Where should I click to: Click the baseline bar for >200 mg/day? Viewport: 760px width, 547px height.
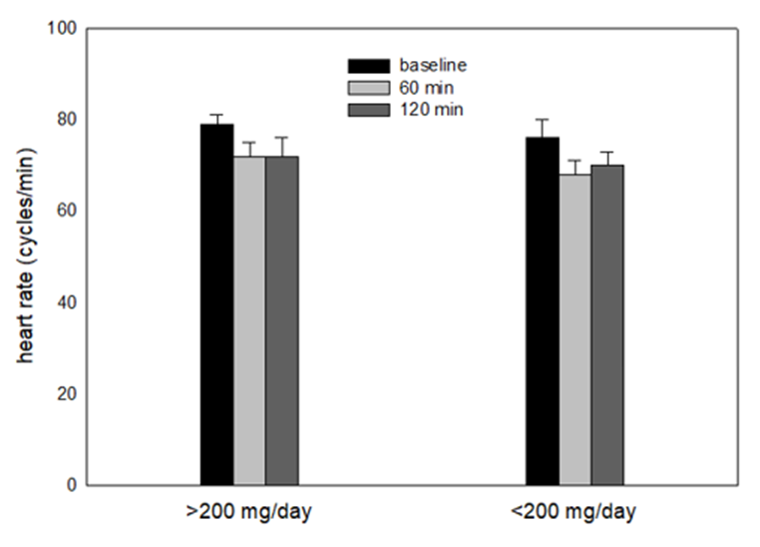tap(216, 304)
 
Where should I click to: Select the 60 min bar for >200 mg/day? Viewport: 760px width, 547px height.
tap(249, 320)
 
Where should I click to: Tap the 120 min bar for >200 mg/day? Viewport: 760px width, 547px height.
tap(281, 320)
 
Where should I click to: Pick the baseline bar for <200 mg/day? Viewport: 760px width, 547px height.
tap(543, 311)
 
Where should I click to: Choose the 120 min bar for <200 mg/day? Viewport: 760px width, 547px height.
tap(606, 324)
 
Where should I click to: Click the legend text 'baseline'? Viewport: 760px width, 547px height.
tap(427, 65)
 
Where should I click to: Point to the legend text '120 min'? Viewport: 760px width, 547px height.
tap(424, 110)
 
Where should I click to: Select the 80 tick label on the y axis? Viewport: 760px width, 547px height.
tap(65, 120)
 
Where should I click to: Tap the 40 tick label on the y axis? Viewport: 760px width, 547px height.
tap(65, 302)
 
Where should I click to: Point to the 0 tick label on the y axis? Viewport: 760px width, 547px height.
tap(69, 485)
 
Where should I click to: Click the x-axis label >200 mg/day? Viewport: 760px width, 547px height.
tap(248, 513)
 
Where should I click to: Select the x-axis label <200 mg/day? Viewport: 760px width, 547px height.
tap(574, 513)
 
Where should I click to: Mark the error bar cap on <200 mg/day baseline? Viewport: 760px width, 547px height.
tap(543, 120)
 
